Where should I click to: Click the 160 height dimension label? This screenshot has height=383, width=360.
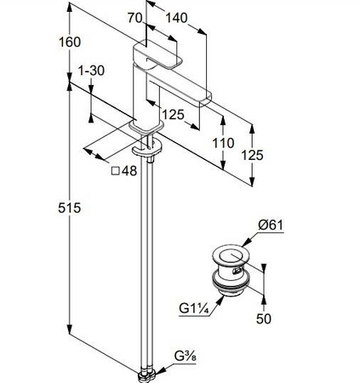[x=70, y=42]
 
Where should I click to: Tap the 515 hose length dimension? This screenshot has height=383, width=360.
[x=70, y=208]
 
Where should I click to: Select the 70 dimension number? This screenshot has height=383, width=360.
[x=134, y=18]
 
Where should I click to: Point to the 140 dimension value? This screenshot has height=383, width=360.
[x=176, y=18]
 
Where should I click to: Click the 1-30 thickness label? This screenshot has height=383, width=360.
[x=91, y=71]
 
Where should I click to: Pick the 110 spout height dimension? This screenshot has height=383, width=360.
[x=223, y=143]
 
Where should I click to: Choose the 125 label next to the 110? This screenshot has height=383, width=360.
[x=252, y=155]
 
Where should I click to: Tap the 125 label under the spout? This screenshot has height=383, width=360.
[x=173, y=115]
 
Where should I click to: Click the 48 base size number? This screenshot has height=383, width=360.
[x=129, y=171]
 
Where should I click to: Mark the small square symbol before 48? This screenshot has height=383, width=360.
[x=116, y=171]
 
